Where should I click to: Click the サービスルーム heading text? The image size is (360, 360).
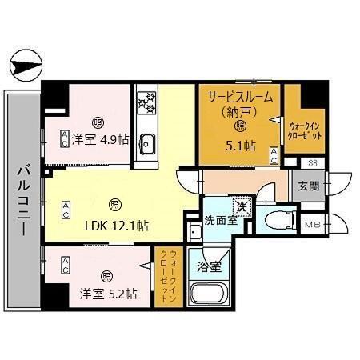(x=240, y=96)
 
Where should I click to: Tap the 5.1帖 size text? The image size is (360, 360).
(x=240, y=146)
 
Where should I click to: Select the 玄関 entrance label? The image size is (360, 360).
(x=309, y=186)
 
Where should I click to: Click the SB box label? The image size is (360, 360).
(x=313, y=163)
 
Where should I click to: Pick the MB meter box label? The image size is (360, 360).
(x=313, y=225)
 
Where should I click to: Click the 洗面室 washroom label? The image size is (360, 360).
(x=219, y=220)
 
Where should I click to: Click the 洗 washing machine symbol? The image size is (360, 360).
(x=240, y=203)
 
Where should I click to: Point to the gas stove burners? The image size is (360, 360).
(x=146, y=102)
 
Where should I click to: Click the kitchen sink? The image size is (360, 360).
(x=147, y=143)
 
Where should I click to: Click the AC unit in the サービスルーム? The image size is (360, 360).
(x=274, y=155)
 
